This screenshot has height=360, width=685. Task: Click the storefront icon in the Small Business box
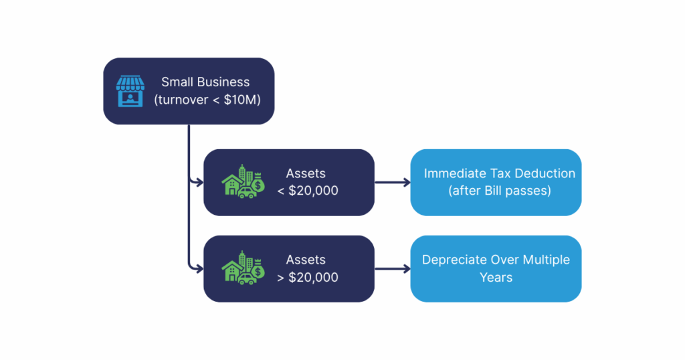click(130, 91)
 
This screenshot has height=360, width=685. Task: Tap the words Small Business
click(205, 82)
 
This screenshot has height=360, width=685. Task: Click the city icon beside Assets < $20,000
click(242, 183)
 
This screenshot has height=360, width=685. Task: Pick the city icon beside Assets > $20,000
click(242, 269)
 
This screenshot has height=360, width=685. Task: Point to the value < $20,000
click(308, 191)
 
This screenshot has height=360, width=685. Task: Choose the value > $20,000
click(308, 277)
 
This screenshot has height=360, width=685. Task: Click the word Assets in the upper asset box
click(306, 173)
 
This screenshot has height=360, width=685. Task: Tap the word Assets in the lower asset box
click(306, 260)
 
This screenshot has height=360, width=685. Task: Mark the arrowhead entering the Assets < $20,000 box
click(199, 182)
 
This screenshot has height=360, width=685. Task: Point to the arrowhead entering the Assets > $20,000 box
click(199, 269)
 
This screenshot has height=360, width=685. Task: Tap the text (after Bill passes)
click(499, 191)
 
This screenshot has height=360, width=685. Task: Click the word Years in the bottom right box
click(496, 277)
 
